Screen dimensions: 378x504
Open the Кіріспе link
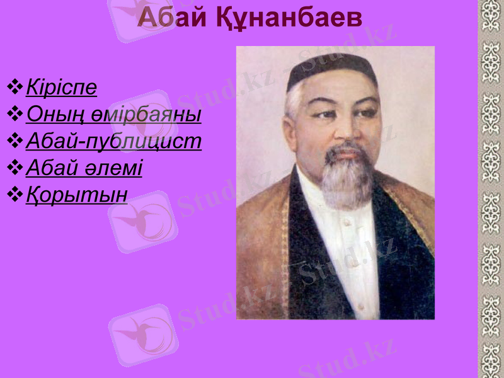pos(62,87)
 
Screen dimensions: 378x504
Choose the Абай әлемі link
pos(84,168)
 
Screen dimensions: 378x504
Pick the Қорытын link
pos(76,195)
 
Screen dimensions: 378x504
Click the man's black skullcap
pos(331,68)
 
